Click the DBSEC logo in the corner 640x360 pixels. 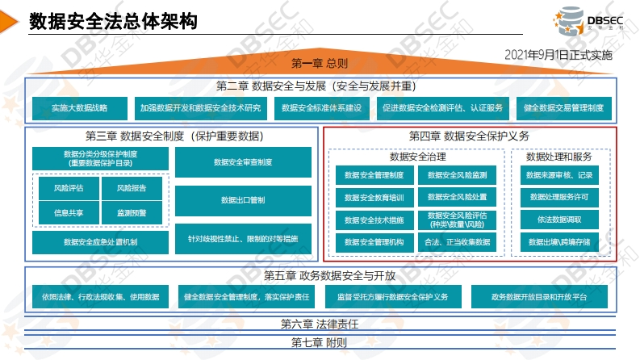click(588, 20)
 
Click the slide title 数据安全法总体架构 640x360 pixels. click(113, 21)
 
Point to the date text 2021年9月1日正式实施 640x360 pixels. click(558, 55)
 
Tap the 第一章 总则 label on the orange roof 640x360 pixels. click(320, 63)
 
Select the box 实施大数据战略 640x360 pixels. click(80, 108)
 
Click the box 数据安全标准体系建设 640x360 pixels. click(322, 108)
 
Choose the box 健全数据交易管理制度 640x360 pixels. click(563, 108)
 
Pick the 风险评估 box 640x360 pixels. click(69, 188)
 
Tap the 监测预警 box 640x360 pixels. click(132, 212)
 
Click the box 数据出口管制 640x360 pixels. click(243, 200)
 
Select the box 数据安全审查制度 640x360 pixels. click(243, 162)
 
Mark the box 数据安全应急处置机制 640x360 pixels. click(100, 242)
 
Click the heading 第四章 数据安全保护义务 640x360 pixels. click(469, 136)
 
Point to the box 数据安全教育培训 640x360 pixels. click(374, 198)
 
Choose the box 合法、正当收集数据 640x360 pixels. click(457, 242)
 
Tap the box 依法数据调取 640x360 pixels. click(559, 220)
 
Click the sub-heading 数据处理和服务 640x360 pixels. click(558, 157)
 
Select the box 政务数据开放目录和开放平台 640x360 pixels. click(539, 297)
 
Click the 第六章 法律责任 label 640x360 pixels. click(320, 324)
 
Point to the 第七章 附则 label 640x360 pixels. click(319, 342)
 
